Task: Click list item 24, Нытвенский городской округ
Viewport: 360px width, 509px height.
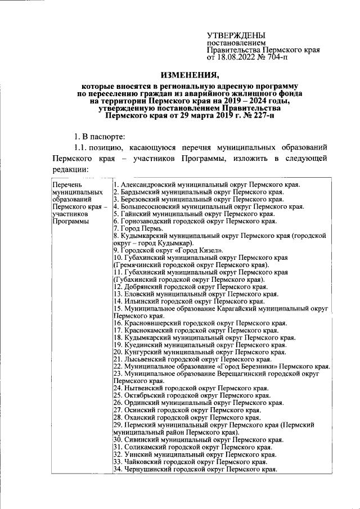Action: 191,389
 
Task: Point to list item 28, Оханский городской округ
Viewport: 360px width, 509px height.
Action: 186,418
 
